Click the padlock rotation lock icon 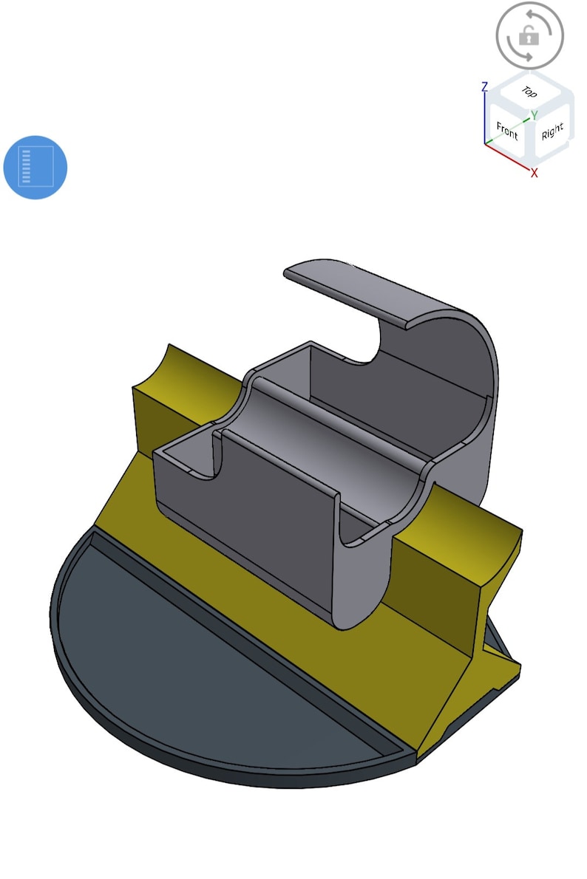coord(529,35)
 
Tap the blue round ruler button coord(35,167)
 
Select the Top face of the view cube coord(529,92)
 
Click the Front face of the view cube coord(507,131)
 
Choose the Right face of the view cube coord(552,133)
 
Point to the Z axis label coord(484,87)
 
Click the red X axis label coord(534,173)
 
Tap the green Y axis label coord(534,115)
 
